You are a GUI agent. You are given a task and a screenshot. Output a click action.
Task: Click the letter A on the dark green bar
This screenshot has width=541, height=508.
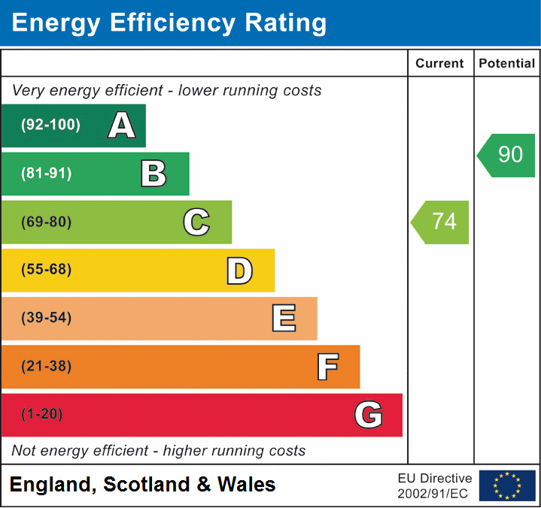point(122,125)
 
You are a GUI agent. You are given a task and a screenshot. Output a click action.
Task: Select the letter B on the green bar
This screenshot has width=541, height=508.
point(153,174)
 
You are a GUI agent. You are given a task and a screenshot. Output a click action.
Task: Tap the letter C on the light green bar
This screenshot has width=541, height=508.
point(196,222)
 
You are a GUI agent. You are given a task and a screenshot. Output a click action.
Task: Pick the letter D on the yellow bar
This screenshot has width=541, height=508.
point(239,271)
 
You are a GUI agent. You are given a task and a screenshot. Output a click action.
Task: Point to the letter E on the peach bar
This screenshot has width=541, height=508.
point(283,319)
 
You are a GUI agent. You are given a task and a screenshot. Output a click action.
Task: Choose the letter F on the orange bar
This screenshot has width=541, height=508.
point(327,367)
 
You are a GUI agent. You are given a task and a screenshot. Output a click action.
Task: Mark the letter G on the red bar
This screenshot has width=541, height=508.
point(369,415)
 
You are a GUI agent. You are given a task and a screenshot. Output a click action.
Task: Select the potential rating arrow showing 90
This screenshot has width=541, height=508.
point(507,155)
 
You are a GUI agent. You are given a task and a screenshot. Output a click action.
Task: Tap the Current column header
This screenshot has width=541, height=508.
point(440,64)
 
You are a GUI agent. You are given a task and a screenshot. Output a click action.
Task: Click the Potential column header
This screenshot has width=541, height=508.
point(506,64)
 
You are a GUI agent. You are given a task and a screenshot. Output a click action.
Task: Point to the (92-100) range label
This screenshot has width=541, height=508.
point(50,125)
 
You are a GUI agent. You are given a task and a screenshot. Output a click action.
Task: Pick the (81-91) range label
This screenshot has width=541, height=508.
point(47,174)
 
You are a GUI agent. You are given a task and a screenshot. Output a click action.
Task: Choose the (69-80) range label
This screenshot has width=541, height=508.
point(47,222)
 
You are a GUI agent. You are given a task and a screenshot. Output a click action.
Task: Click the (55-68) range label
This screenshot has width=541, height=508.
point(47,270)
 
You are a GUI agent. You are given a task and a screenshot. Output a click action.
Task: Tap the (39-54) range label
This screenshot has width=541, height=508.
point(47,318)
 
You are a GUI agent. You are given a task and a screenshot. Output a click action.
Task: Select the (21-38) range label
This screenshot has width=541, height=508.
point(47,367)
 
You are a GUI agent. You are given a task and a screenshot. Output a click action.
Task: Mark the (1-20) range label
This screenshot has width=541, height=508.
point(42,415)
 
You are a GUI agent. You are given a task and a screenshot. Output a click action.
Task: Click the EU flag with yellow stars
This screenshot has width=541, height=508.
point(506,485)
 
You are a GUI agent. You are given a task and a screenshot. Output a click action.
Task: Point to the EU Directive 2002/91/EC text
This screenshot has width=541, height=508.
point(435,485)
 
